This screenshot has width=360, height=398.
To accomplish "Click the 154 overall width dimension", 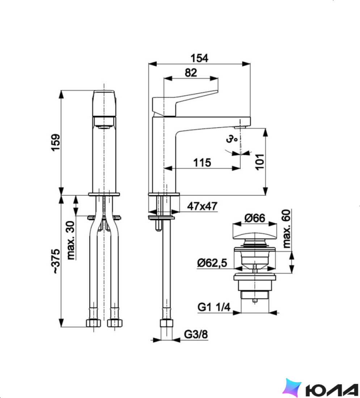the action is tap(199, 58).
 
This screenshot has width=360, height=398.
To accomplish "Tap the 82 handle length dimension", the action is tap(191, 73).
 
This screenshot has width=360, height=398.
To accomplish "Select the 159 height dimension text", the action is tap(56, 143).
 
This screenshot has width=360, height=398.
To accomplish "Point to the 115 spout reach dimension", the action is tap(202, 162).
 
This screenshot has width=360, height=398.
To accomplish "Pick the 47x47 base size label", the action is tap(202, 206).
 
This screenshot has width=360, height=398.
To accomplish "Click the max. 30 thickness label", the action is tap(71, 240).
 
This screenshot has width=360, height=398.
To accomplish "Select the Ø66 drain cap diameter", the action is tap(255, 218).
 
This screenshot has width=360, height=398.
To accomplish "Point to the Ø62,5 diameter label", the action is tap(212, 263).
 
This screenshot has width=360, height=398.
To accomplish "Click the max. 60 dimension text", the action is tap(286, 228).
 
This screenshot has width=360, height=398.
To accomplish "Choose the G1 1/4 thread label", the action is tap(214, 308).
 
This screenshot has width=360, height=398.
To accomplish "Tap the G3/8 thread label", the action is tap(196, 334).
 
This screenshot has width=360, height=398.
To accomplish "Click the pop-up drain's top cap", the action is tap(255, 234).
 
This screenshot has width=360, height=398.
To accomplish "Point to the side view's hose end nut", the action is tap(166, 323).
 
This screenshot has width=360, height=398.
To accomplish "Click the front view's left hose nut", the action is tap(93, 323).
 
